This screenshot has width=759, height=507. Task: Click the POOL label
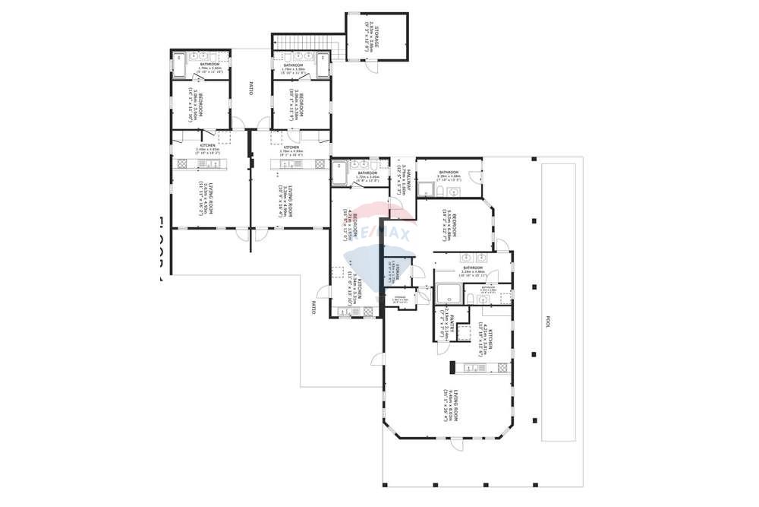(546, 322)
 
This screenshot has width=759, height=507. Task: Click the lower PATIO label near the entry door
(312, 307)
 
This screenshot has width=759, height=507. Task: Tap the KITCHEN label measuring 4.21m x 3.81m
(491, 334)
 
